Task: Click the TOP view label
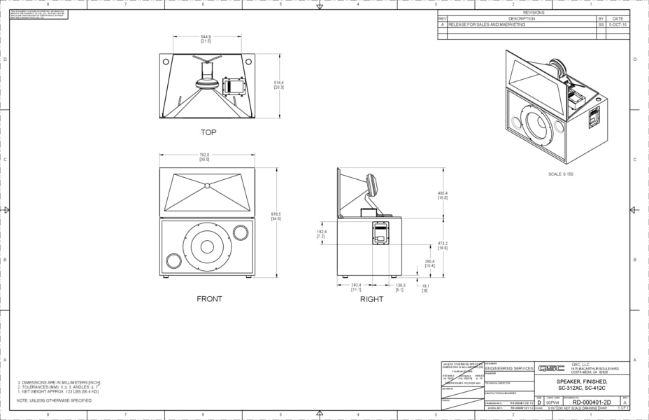click(208, 132)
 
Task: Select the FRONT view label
click(209, 299)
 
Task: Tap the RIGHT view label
click(371, 299)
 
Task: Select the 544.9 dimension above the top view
click(206, 38)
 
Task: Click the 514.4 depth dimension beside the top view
click(278, 85)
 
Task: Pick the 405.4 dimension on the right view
click(443, 195)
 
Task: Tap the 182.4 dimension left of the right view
click(321, 234)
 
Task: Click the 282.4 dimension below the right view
click(356, 287)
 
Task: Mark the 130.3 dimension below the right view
click(400, 287)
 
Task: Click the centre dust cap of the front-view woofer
click(207, 246)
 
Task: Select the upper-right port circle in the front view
click(240, 232)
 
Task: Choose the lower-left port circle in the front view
click(173, 262)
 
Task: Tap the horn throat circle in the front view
click(206, 185)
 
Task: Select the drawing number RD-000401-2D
click(592, 402)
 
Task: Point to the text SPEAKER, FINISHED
click(582, 381)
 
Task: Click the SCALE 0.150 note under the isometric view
click(561, 173)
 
